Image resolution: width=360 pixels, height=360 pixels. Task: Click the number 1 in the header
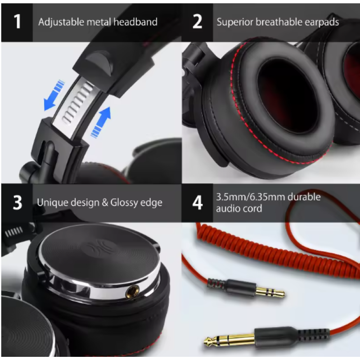coord(17,22)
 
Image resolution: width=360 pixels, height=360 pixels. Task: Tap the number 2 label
coord(197,22)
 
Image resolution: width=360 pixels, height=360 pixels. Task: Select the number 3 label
coord(17,203)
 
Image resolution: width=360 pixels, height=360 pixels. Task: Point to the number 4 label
coord(197,203)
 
